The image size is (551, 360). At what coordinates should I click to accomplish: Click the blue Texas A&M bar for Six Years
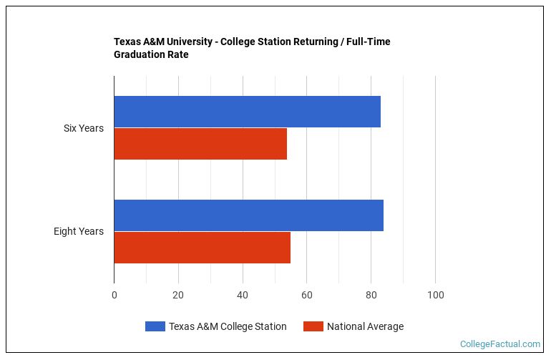pyautogui.click(x=247, y=112)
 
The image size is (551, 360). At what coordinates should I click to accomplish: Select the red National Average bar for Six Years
pyautogui.click(x=200, y=144)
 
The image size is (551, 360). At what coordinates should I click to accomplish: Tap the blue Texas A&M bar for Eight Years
pyautogui.click(x=248, y=215)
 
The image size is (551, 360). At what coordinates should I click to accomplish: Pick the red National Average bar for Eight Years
pyautogui.click(x=202, y=247)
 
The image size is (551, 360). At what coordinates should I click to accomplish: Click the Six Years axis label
pyautogui.click(x=83, y=128)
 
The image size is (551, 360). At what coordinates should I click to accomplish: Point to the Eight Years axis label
pyautogui.click(x=78, y=231)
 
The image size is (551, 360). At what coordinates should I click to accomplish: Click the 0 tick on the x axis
pyautogui.click(x=114, y=295)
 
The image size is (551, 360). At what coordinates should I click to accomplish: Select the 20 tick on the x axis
pyautogui.click(x=178, y=295)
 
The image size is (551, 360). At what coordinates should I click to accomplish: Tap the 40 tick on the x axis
pyautogui.click(x=243, y=295)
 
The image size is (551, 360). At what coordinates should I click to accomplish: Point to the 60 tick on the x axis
pyautogui.click(x=307, y=295)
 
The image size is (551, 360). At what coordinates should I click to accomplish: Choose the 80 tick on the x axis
pyautogui.click(x=371, y=295)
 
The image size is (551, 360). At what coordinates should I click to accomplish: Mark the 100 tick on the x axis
pyautogui.click(x=435, y=295)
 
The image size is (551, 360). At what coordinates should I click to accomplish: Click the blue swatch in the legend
pyautogui.click(x=155, y=326)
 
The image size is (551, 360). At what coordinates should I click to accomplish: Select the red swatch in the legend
pyautogui.click(x=313, y=326)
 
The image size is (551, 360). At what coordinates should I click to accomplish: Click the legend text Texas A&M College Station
pyautogui.click(x=228, y=326)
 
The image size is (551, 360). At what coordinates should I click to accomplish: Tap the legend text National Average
pyautogui.click(x=365, y=326)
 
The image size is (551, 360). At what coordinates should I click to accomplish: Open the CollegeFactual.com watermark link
pyautogui.click(x=499, y=344)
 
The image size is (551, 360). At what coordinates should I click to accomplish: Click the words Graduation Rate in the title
pyautogui.click(x=151, y=54)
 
